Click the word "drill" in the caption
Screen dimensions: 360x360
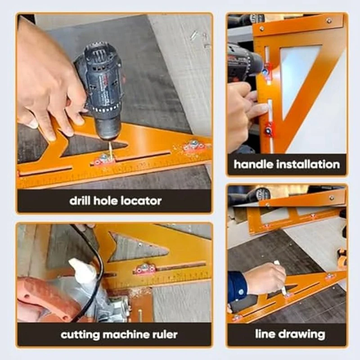pyautogui.click(x=80, y=201)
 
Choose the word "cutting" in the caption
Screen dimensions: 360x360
pyautogui.click(x=80, y=335)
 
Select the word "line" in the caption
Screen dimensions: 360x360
pyautogui.click(x=265, y=333)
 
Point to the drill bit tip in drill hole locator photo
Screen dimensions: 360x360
pyautogui.click(x=110, y=157)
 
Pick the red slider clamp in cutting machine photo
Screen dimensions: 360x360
pyautogui.click(x=144, y=269)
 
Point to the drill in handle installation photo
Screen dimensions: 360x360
pyautogui.click(x=244, y=62)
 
